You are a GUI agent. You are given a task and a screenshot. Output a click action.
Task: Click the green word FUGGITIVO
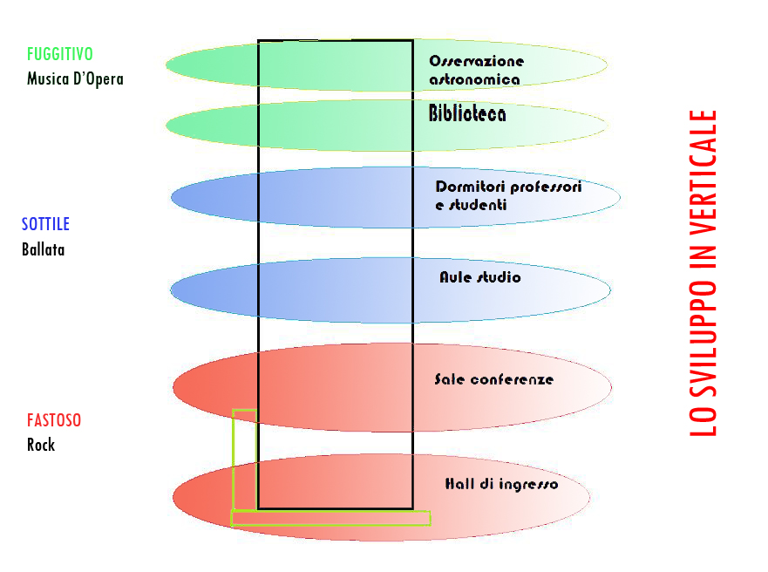[x=60, y=55]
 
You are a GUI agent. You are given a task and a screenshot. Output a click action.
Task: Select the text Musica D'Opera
[x=75, y=79]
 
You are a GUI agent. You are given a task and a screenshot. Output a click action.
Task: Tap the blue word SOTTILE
[x=45, y=224]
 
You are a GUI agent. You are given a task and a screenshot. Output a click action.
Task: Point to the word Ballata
[x=44, y=249]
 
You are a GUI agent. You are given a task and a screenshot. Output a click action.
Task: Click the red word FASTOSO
[x=54, y=420]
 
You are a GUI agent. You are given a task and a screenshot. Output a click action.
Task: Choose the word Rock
[x=41, y=445]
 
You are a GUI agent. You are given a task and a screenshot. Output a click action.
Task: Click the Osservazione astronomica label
[x=476, y=71]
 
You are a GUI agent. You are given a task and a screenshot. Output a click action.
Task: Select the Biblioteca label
[x=467, y=114]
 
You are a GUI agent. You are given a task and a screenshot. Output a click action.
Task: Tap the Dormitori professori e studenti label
[x=508, y=196]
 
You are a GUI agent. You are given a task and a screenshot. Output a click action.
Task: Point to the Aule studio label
[x=479, y=277]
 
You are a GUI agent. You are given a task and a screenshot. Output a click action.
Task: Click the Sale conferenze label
[x=493, y=379]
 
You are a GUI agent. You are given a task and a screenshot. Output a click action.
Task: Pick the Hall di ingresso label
[x=501, y=484]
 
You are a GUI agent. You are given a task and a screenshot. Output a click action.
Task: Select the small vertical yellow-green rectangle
[x=244, y=459]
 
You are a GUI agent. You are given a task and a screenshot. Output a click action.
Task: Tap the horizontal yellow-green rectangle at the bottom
[x=330, y=518]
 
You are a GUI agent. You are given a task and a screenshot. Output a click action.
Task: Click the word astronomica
[x=475, y=79]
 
